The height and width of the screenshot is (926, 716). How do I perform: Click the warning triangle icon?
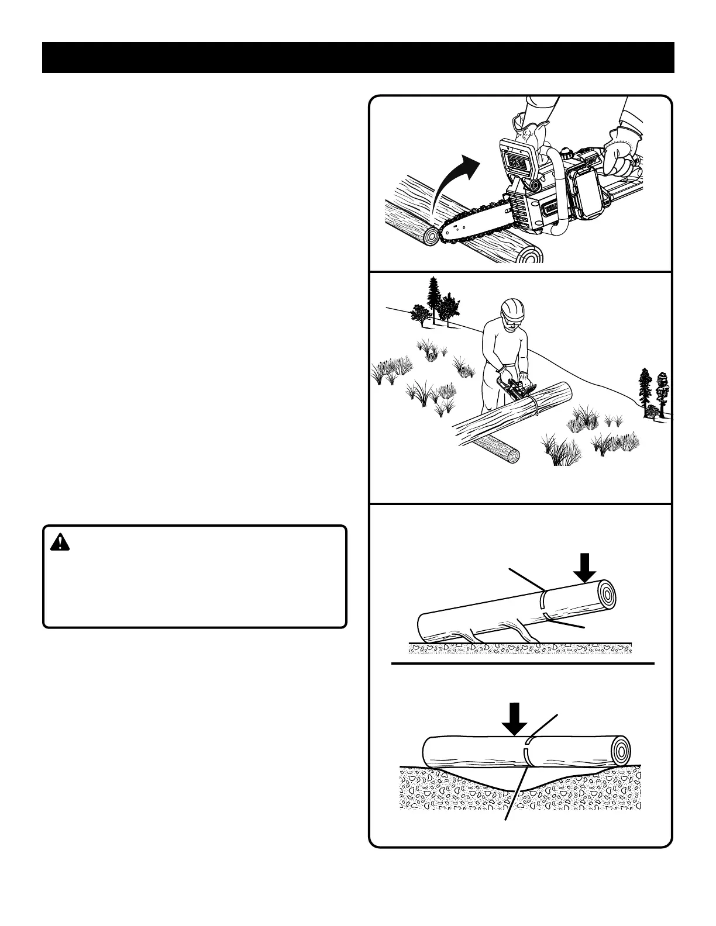click(x=60, y=543)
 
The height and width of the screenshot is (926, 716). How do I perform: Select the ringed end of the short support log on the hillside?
click(x=514, y=456)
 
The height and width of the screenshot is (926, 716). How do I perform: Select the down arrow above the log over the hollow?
click(x=515, y=720)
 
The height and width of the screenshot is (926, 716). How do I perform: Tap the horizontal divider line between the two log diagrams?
click(x=522, y=664)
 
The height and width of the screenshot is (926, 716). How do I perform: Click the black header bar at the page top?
click(x=358, y=57)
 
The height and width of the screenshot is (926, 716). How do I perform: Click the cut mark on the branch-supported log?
click(x=544, y=604)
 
